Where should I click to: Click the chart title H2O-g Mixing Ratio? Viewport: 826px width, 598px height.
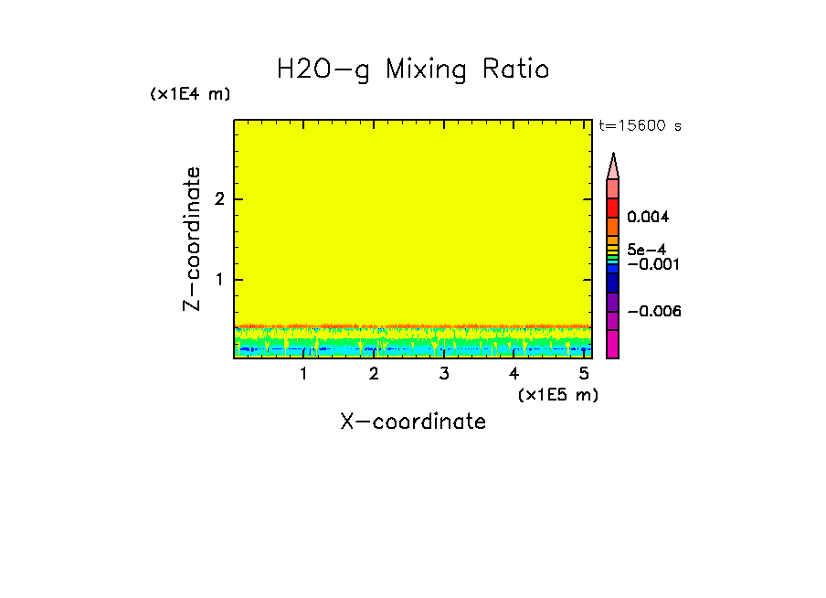tap(413, 69)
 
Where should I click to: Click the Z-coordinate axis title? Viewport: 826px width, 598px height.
tap(192, 239)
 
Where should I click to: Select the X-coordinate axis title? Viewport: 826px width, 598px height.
tap(413, 422)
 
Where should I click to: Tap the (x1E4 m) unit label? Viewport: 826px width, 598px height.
tap(190, 94)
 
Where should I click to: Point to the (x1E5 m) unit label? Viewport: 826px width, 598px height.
tap(557, 394)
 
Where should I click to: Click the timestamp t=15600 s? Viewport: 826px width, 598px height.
tap(640, 126)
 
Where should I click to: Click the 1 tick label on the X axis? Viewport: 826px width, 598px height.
tap(303, 373)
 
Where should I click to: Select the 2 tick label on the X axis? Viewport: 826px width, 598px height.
tap(374, 373)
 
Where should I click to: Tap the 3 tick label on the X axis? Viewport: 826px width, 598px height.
tap(443, 373)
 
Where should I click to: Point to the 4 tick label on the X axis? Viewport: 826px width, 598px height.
tap(514, 373)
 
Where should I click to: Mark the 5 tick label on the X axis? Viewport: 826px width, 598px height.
tap(584, 373)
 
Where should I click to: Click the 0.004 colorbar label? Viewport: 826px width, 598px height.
tap(649, 218)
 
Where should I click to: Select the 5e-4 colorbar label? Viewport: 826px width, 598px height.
tap(646, 250)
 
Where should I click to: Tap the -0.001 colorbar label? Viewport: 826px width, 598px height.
tap(651, 263)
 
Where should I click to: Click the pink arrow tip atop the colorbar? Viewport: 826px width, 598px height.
tap(613, 166)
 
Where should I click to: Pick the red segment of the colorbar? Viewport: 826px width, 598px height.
tap(613, 208)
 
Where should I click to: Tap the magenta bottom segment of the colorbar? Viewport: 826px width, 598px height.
tap(613, 344)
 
